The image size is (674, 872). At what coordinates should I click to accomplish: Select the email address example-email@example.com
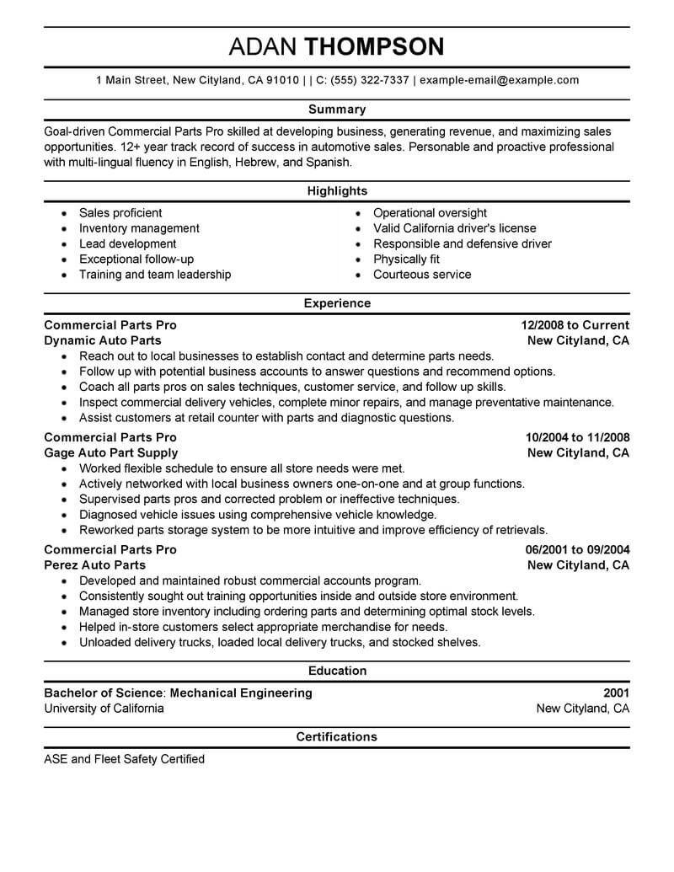coord(499,80)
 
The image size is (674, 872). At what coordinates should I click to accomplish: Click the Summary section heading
coord(337,109)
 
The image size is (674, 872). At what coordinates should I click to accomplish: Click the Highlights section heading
coord(337,191)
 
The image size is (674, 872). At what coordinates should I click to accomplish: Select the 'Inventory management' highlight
coord(139,228)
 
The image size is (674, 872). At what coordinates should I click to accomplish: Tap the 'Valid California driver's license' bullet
coord(454,228)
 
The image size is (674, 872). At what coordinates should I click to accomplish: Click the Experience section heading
coord(337,303)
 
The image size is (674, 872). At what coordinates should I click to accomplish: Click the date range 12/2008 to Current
coord(575,325)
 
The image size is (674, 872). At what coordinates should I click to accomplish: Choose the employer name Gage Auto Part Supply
coord(110,452)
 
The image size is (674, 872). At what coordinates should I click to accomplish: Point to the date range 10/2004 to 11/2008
coord(577,437)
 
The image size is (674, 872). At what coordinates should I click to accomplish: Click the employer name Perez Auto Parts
coord(94,564)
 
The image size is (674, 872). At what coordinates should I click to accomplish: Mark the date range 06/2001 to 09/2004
coord(577,549)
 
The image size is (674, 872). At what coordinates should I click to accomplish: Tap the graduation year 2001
coord(616,693)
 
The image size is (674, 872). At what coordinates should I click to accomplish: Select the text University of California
coord(104,709)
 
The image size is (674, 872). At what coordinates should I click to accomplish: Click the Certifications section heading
coord(337,737)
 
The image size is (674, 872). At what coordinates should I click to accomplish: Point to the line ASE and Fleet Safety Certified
coord(124,759)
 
